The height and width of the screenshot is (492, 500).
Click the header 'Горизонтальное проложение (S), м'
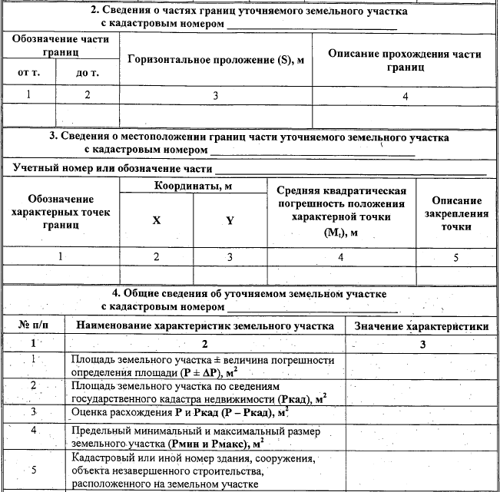click(x=217, y=59)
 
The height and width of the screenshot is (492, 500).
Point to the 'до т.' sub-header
click(x=88, y=74)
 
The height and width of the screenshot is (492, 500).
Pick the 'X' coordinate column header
click(x=157, y=220)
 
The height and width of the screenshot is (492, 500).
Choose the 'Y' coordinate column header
click(x=229, y=220)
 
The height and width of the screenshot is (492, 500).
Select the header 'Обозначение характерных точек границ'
click(x=60, y=213)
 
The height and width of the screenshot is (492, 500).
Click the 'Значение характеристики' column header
click(x=422, y=326)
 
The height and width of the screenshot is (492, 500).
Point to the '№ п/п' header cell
click(x=33, y=326)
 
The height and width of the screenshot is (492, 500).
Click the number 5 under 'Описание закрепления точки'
click(x=456, y=257)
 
